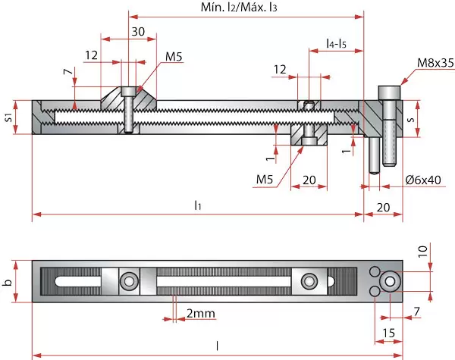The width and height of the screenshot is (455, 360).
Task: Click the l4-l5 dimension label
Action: [335, 44]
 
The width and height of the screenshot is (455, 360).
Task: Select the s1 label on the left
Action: [8, 117]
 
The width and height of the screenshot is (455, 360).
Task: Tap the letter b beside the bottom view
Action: [8, 283]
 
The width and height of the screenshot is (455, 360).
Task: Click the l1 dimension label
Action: [197, 205]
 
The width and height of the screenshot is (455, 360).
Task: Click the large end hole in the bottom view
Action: [390, 281]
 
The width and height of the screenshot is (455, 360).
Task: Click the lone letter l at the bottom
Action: [218, 346]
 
